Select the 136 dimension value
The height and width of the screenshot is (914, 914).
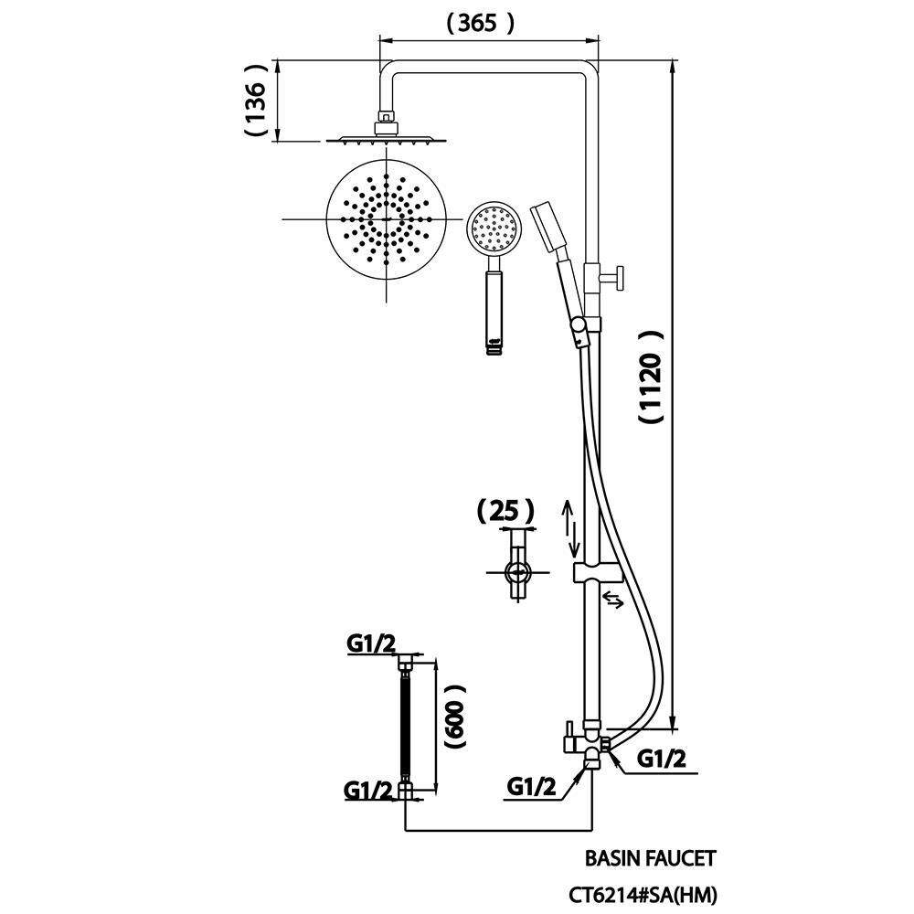[x=257, y=101]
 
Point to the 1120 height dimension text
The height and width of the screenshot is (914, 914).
[x=650, y=377]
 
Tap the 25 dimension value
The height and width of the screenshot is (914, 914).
[x=505, y=509]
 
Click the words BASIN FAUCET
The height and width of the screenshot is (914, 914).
[x=650, y=858]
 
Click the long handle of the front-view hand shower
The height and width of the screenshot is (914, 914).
[x=494, y=306]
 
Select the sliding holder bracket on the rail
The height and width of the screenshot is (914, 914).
[x=597, y=573]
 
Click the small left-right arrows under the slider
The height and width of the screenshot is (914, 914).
[x=613, y=600]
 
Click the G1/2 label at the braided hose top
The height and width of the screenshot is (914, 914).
[x=370, y=645]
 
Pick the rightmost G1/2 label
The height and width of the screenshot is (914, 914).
[x=662, y=758]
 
